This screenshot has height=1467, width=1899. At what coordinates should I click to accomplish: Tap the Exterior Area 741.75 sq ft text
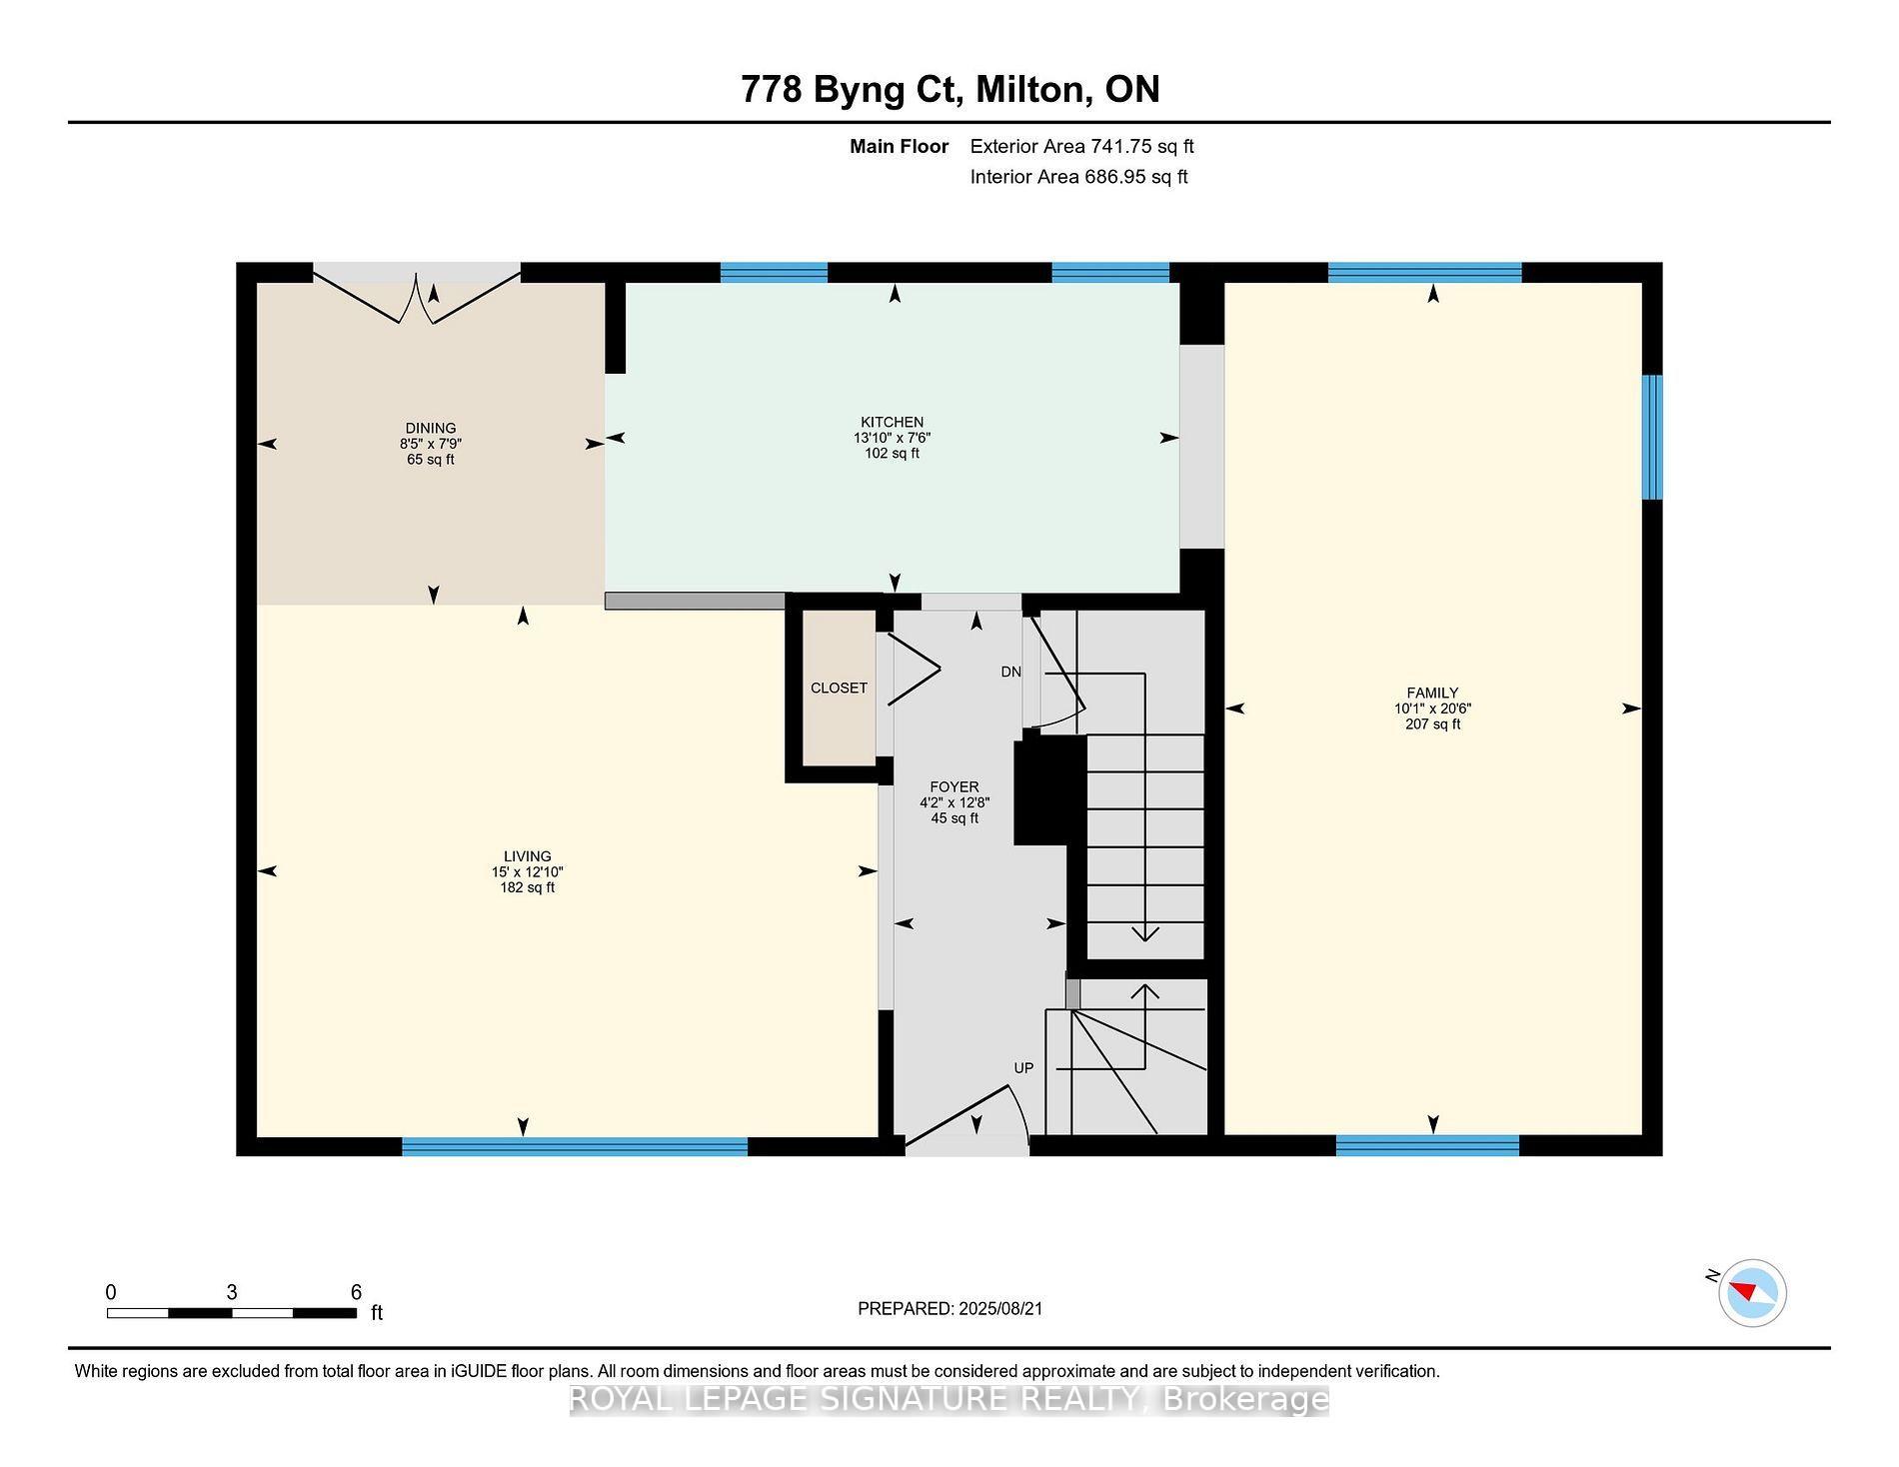(x=1081, y=146)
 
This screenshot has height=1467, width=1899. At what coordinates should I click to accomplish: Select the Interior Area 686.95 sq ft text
(x=1078, y=177)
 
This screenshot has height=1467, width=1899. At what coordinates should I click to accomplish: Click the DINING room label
(x=430, y=428)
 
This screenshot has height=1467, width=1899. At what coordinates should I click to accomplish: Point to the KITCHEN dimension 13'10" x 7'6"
(x=892, y=438)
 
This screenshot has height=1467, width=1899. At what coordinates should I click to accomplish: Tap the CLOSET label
(x=839, y=688)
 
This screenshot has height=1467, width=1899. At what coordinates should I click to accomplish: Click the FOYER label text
(x=953, y=786)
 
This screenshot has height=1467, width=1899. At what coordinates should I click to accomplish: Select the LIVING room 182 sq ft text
(x=527, y=887)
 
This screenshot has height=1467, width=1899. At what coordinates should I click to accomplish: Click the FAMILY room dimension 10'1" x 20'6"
(x=1432, y=709)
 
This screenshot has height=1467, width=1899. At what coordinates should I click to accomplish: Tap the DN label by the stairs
(x=1010, y=672)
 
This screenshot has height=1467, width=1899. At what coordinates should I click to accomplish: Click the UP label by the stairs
(x=1023, y=1067)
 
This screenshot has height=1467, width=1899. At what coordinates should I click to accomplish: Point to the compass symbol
(x=1752, y=1293)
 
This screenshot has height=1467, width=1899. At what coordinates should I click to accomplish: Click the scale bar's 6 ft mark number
(x=356, y=1291)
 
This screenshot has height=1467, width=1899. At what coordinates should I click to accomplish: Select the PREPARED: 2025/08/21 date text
(x=949, y=1308)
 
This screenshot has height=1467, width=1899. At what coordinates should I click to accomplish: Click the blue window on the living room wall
(x=575, y=1146)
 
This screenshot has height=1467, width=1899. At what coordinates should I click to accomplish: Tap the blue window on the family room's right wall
(x=1652, y=437)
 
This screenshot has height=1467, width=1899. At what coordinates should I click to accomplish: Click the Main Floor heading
(x=899, y=146)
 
